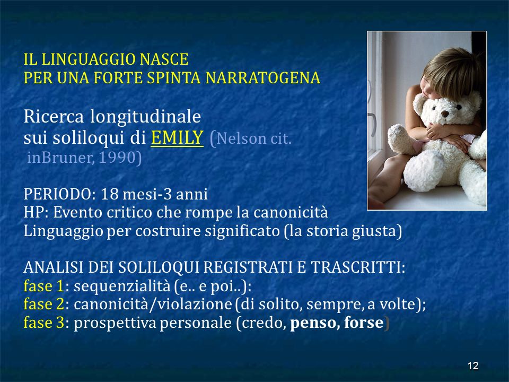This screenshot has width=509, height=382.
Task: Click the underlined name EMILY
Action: click(177, 138)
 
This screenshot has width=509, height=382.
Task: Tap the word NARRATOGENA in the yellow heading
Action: click(262, 78)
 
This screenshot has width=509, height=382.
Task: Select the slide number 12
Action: click(473, 366)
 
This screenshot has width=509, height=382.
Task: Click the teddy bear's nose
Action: click(445, 114)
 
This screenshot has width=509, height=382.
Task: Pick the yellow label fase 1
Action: click(44, 286)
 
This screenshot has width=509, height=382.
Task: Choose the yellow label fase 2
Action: click(44, 305)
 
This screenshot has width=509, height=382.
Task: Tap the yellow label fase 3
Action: click(44, 323)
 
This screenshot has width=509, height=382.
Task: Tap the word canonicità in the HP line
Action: click(291, 213)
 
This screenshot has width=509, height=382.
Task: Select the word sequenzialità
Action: click(122, 286)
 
